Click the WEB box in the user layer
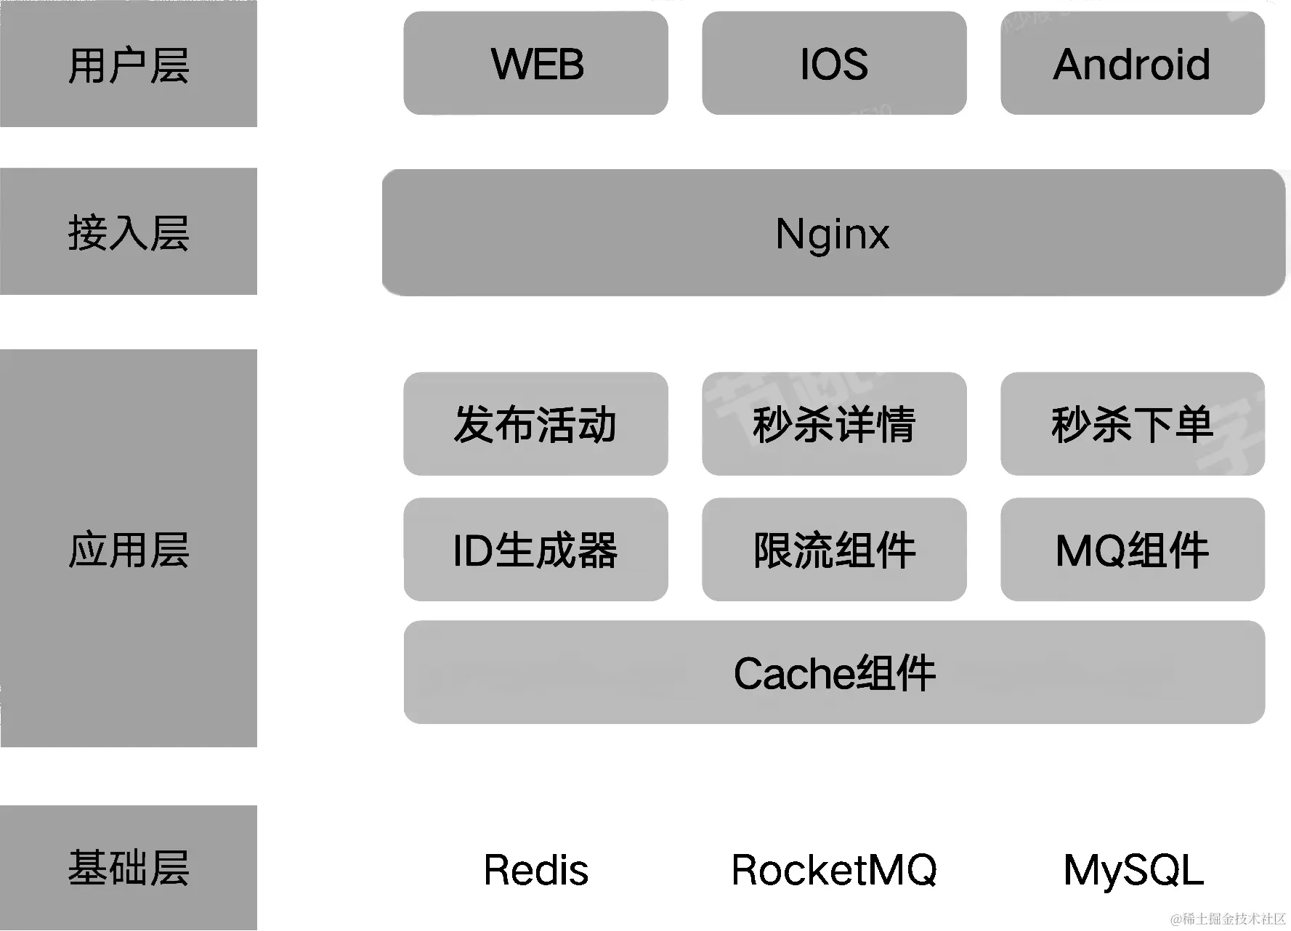535,63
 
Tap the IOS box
834,63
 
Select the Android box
1132,63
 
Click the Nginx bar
833,233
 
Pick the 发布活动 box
535,424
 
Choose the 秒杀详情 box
834,424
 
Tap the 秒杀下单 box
1132,424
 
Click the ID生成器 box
535,550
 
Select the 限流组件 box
834,550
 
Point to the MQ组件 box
1132,550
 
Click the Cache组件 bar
834,672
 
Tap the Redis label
536,869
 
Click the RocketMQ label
834,869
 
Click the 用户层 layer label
129,65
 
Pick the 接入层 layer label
129,232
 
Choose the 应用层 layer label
129,549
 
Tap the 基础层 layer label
129,867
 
